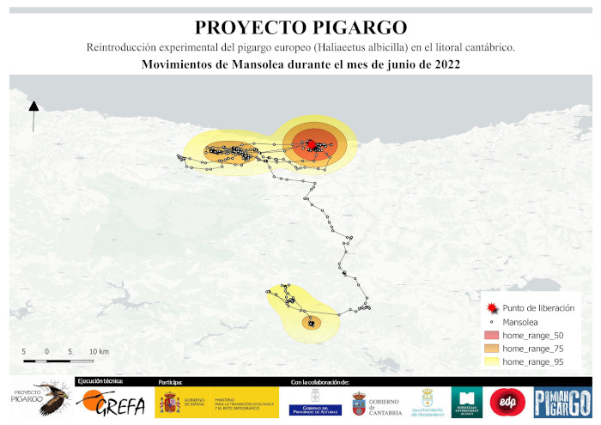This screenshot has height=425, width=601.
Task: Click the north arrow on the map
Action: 33,116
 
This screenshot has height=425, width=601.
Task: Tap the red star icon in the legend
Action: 490,307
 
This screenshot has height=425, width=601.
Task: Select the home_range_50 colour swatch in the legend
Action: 491,335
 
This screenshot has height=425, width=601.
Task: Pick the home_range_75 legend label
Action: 534,349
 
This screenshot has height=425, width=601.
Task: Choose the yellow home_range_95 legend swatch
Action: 491,362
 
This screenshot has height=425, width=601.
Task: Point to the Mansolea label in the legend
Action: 522,321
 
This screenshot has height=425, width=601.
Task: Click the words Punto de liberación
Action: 538,307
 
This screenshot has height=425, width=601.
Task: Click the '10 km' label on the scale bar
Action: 99,352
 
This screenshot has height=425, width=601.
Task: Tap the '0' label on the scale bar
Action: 46,352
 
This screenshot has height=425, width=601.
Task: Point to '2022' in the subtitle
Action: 440,64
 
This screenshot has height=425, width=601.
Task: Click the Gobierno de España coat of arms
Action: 170,402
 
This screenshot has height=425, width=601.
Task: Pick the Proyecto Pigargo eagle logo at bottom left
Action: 39,399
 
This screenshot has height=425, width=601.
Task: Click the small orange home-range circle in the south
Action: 312,323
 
